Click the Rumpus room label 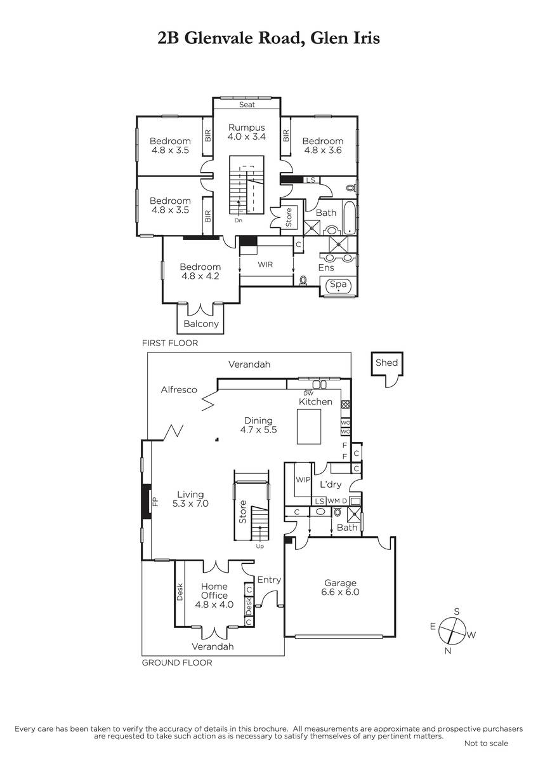click(x=246, y=132)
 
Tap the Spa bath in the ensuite click(x=338, y=284)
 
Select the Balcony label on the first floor click(x=201, y=323)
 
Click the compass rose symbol click(x=452, y=631)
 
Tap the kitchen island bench click(x=309, y=427)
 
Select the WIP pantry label click(x=303, y=479)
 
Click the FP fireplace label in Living click(x=155, y=502)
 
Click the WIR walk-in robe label click(x=265, y=264)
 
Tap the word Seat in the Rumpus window click(x=247, y=104)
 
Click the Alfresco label click(x=179, y=389)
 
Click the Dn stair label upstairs click(x=239, y=220)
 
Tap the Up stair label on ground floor click(x=260, y=547)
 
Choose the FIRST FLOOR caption click(x=170, y=343)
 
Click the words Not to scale click(x=486, y=744)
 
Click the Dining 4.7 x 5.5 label click(x=258, y=425)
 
